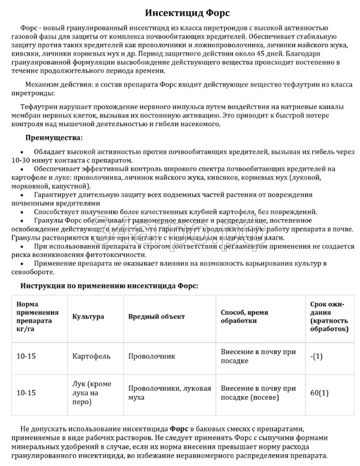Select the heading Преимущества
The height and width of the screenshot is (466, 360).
pos(54,137)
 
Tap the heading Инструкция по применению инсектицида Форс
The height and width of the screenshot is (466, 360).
pos(109,285)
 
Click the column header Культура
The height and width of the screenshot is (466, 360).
pos(88,316)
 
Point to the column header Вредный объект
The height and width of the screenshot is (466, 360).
pos(156,316)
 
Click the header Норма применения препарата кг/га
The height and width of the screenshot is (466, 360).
pos(38,316)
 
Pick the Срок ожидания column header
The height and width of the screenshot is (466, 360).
pos(329,316)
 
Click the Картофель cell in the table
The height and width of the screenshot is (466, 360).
pos(91,357)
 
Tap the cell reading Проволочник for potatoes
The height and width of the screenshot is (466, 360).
pos(152,357)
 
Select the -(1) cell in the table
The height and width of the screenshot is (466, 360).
pos(316,356)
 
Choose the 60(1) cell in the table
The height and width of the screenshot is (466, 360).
pos(319,393)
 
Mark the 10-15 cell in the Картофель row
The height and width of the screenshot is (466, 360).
pos(27,357)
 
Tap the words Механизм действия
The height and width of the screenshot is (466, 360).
pos(60,84)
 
